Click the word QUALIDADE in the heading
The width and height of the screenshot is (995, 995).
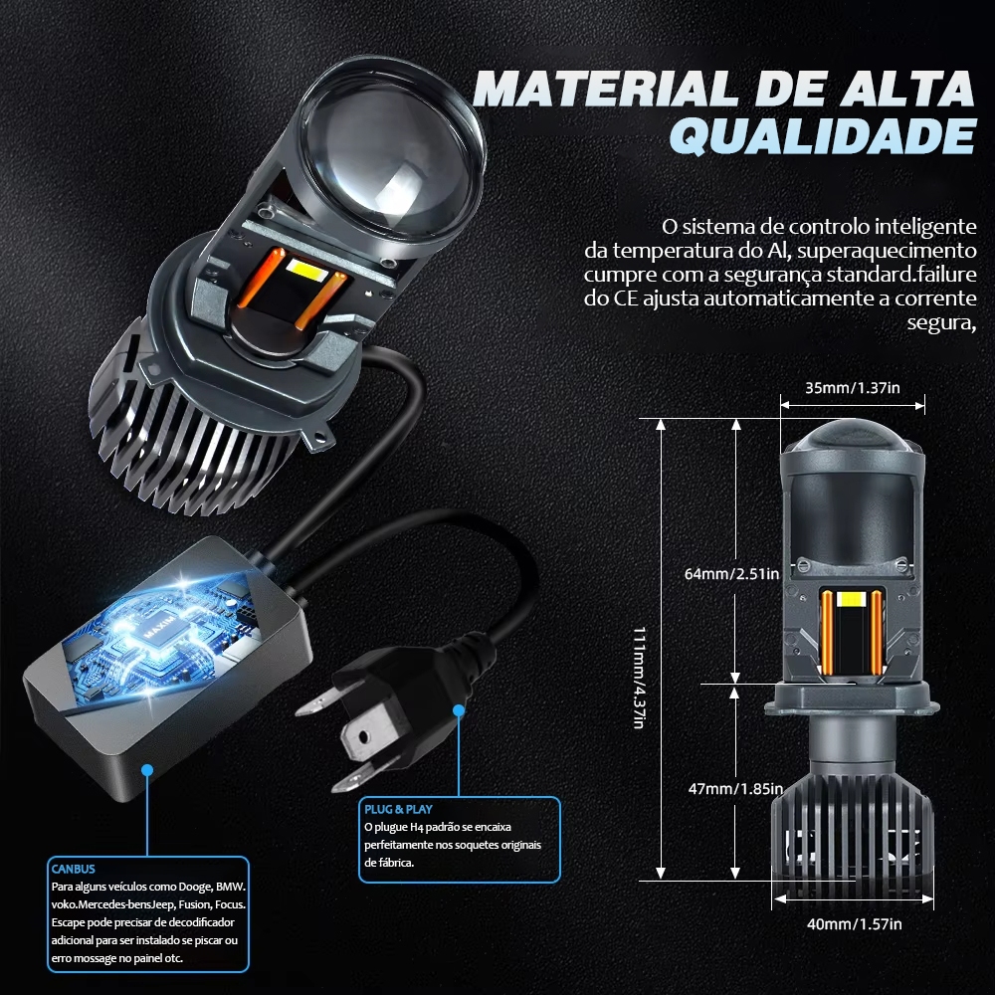(823, 135)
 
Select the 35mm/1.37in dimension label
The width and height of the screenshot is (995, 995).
(853, 388)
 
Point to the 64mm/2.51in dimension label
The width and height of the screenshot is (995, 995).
(731, 574)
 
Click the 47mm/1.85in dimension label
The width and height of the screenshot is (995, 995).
(735, 789)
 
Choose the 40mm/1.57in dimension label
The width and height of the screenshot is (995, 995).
(854, 924)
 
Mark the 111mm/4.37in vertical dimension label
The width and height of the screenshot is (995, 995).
(640, 678)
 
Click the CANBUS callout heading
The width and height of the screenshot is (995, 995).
(73, 869)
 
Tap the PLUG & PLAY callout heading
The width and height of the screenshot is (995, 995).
(398, 809)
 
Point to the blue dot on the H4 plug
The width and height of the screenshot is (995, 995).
(458, 710)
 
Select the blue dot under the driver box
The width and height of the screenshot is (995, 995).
(147, 770)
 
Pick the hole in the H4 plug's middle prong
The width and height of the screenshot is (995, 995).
(363, 737)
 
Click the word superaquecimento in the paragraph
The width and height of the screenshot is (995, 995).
(888, 250)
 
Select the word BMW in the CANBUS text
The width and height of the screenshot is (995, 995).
(231, 887)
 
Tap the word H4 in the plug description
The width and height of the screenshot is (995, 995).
(416, 827)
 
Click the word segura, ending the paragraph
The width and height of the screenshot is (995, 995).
(941, 323)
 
